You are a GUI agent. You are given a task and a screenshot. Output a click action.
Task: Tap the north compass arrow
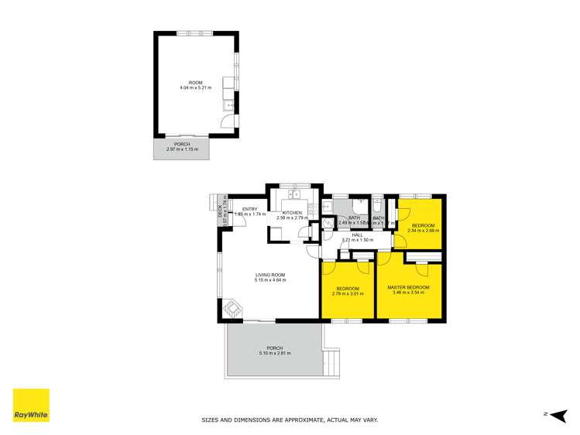click(x=557, y=414)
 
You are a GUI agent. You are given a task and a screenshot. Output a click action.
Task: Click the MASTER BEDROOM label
click(x=408, y=287)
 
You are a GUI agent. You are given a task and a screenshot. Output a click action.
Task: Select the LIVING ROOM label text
click(x=271, y=275)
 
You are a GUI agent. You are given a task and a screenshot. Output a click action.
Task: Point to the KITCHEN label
click(x=292, y=213)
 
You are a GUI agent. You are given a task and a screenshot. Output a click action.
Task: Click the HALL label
click(x=357, y=235)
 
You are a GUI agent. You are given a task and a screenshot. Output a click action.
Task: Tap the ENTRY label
click(x=249, y=209)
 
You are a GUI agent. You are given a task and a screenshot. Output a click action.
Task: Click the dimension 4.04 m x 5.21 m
click(x=195, y=87)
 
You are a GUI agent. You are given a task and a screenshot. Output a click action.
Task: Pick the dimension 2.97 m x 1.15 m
click(x=182, y=149)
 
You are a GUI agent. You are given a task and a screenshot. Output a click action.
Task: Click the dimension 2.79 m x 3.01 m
click(x=348, y=293)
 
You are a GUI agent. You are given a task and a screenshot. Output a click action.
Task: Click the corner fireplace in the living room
click(x=231, y=309)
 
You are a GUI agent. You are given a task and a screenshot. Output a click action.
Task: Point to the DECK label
click(x=220, y=208)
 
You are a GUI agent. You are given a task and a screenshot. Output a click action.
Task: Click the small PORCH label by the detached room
click(x=182, y=144)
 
